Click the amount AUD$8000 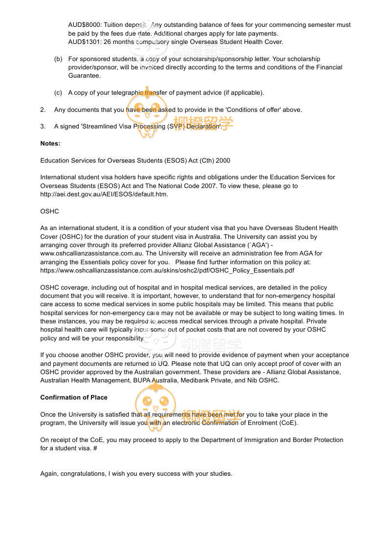(x=84, y=25)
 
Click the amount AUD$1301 (x=84, y=42)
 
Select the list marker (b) (x=58, y=59)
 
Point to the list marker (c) (x=58, y=93)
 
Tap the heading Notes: (x=50, y=144)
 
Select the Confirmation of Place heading (x=74, y=398)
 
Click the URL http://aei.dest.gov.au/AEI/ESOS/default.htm (x=104, y=194)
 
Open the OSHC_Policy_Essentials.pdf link (x=167, y=271)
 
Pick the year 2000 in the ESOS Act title (x=223, y=161)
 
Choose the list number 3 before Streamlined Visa (x=43, y=126)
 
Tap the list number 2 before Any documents (x=43, y=110)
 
